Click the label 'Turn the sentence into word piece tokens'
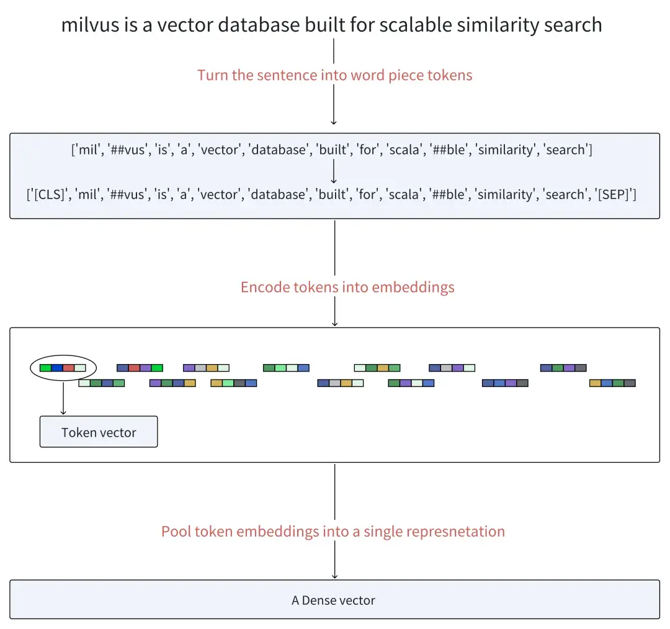(x=334, y=76)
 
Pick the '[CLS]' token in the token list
(x=50, y=194)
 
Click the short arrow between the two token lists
(x=334, y=172)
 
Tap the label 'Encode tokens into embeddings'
(x=347, y=287)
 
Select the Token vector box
(x=99, y=432)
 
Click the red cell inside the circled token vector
(x=68, y=368)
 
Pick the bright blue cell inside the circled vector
(x=57, y=368)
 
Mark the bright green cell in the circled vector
(x=45, y=368)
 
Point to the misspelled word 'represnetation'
(x=455, y=532)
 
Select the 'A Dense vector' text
(x=334, y=600)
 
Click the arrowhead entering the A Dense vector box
(x=334, y=576)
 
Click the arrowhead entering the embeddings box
(x=334, y=323)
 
